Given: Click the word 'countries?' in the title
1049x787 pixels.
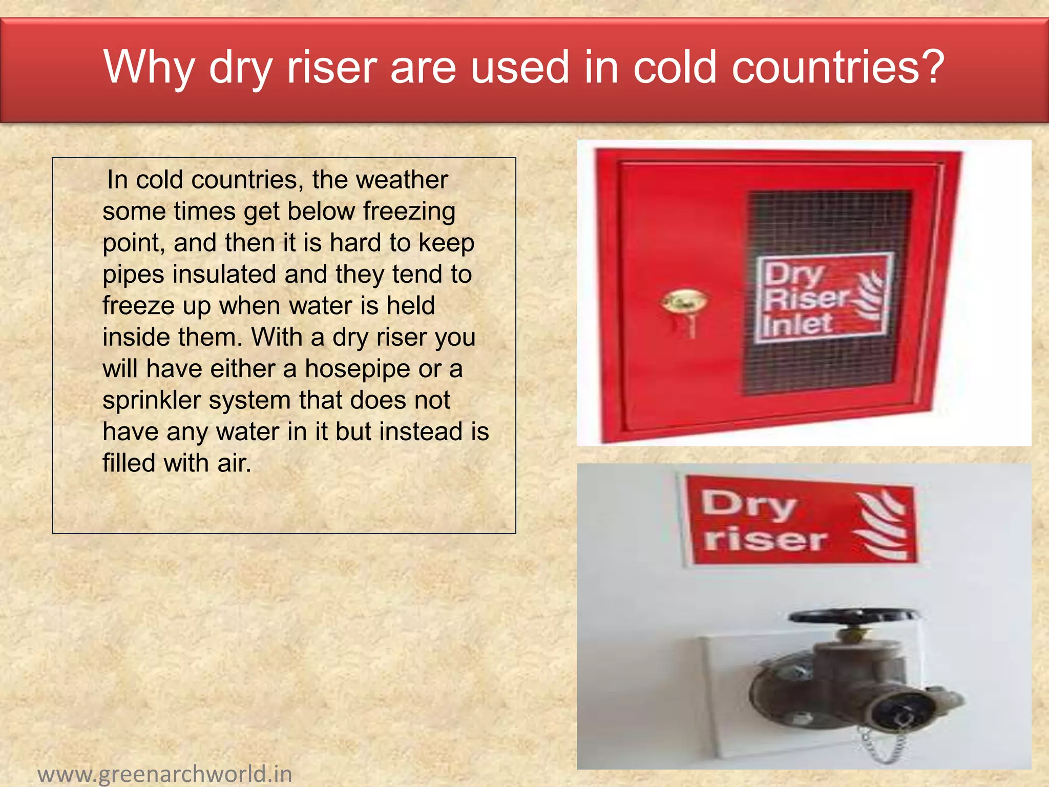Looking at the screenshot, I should point(837,67).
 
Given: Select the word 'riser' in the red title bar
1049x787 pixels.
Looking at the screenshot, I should point(331,67).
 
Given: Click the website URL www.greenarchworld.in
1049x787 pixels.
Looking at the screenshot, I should point(165,774).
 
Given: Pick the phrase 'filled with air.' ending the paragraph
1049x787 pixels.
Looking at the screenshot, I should point(177,463).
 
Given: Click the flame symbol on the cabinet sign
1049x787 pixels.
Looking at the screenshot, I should point(870,296).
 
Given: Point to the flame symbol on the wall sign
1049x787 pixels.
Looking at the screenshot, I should point(881,525).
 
